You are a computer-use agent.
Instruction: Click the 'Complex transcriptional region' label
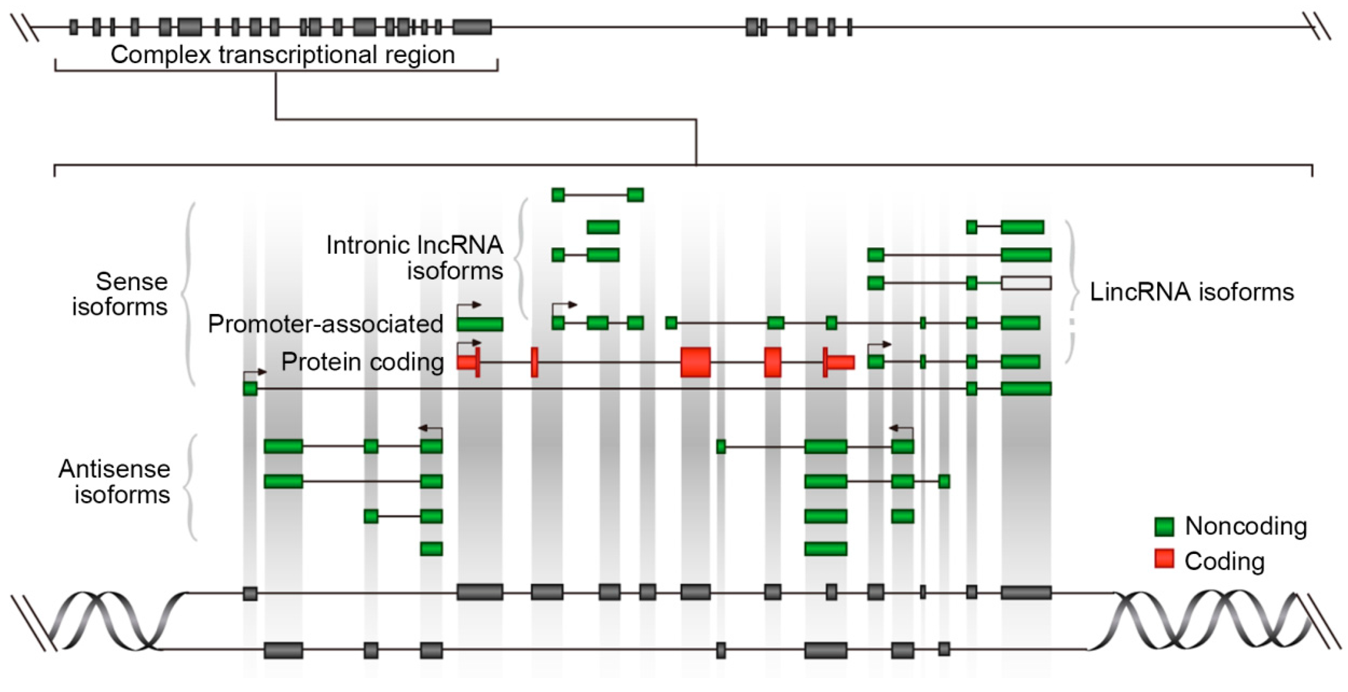pyautogui.click(x=283, y=55)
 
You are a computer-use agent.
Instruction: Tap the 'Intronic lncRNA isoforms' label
pyautogui.click(x=414, y=258)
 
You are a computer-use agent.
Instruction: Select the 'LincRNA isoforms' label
pyautogui.click(x=1192, y=292)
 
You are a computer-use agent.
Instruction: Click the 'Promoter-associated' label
pyautogui.click(x=326, y=324)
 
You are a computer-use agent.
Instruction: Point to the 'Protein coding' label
pyautogui.click(x=363, y=362)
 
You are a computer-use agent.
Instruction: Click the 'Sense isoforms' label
pyautogui.click(x=120, y=294)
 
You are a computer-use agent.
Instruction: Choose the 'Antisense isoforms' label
pyautogui.click(x=115, y=482)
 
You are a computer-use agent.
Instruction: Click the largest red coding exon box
pyautogui.click(x=695, y=362)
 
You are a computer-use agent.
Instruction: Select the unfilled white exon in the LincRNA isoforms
pyautogui.click(x=1026, y=283)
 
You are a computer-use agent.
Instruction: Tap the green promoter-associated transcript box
pyautogui.click(x=480, y=324)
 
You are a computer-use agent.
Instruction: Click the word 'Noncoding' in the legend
pyautogui.click(x=1246, y=526)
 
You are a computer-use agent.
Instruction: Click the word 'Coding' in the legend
pyautogui.click(x=1224, y=561)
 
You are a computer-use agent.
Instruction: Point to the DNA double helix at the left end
pyautogui.click(x=110, y=621)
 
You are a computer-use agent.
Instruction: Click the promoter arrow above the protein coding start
pyautogui.click(x=469, y=344)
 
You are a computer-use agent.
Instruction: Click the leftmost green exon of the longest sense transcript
pyautogui.click(x=250, y=388)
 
